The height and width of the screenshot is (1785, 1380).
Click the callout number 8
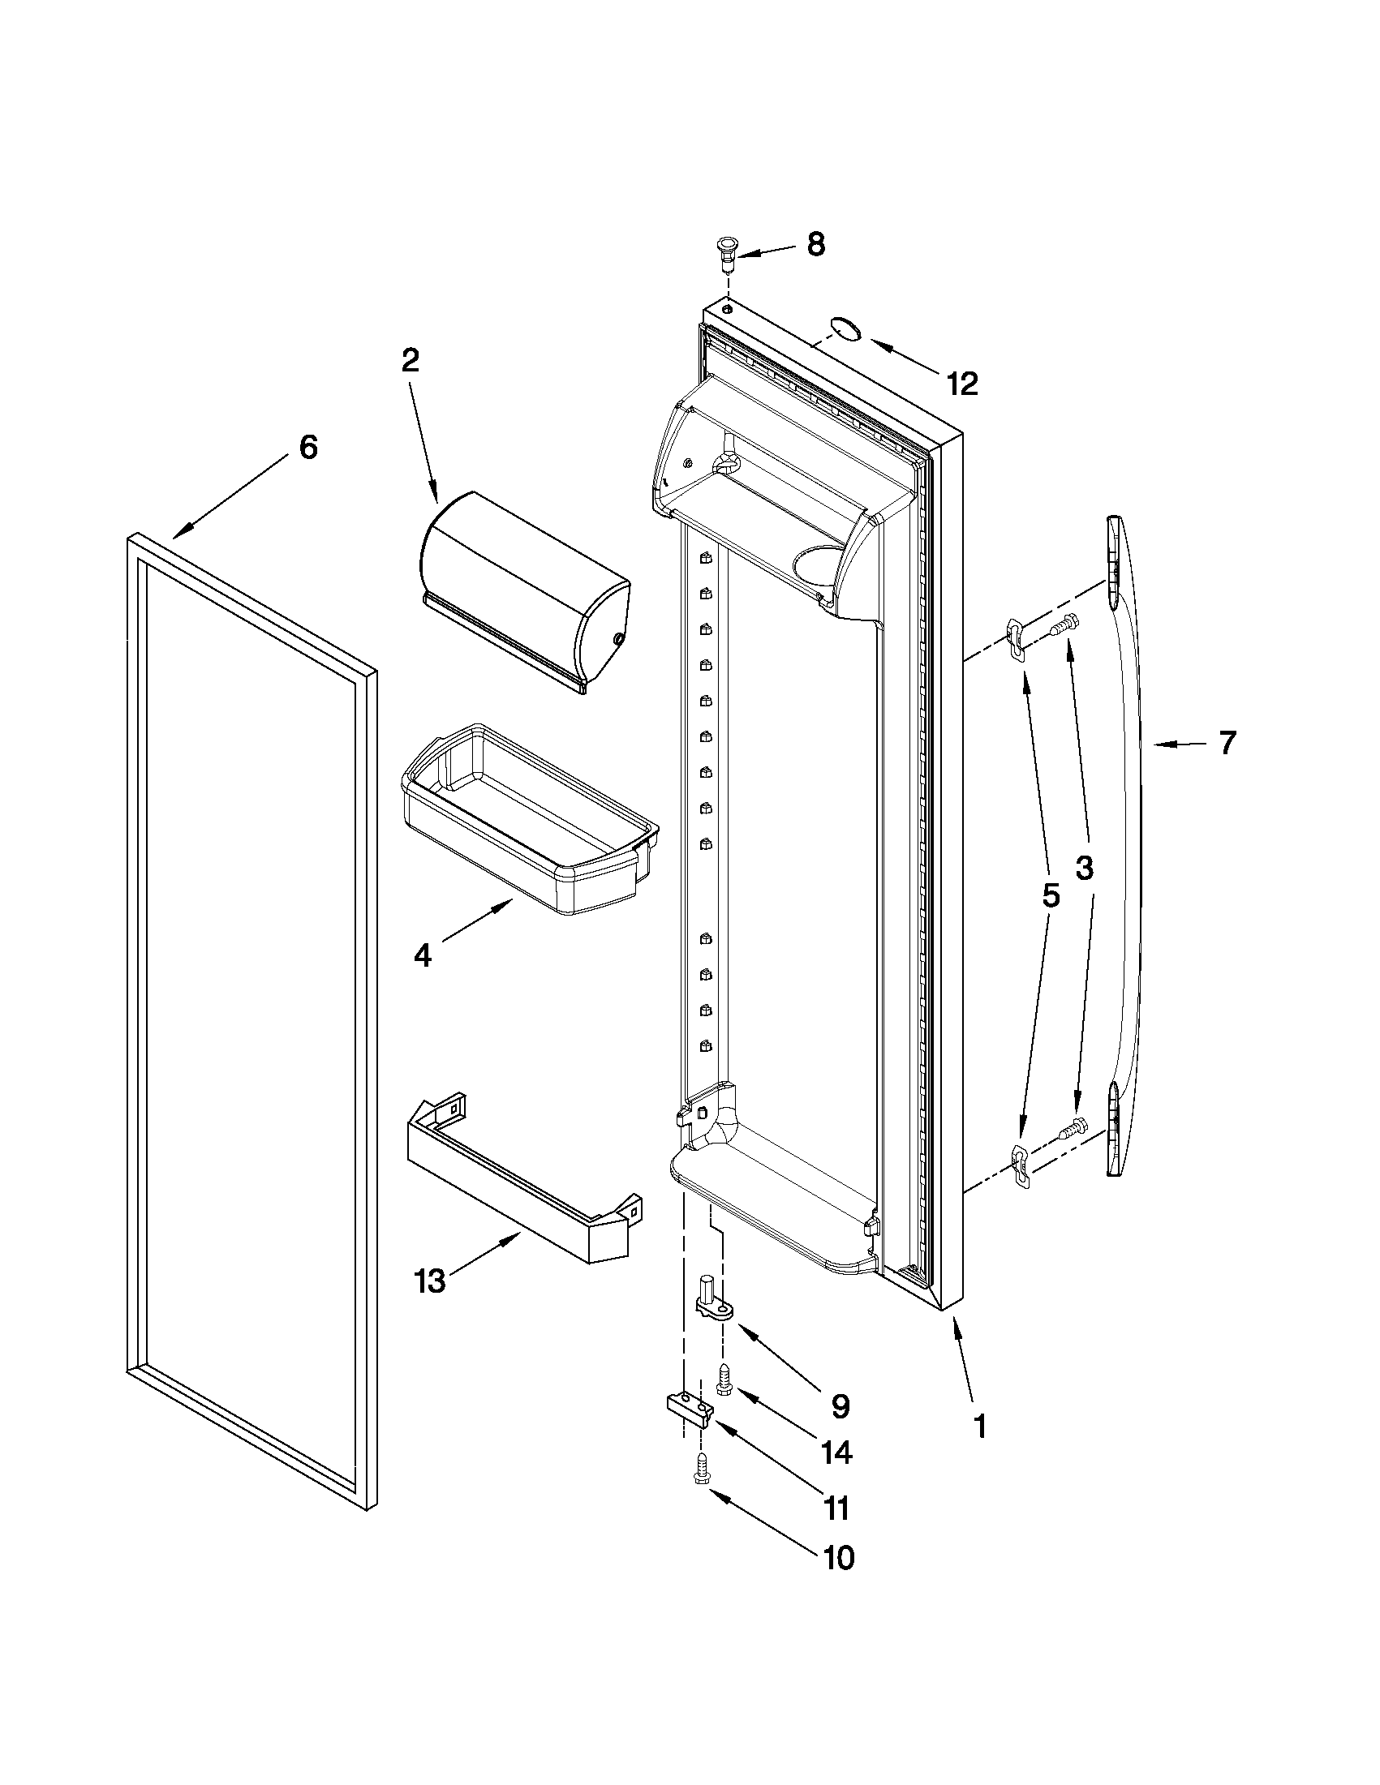(x=815, y=245)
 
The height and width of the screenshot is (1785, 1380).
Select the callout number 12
(x=962, y=384)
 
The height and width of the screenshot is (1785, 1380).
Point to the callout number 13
(x=430, y=1281)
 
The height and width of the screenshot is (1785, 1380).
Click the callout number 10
(x=838, y=1558)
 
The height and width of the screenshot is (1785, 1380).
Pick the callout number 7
(x=1227, y=743)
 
